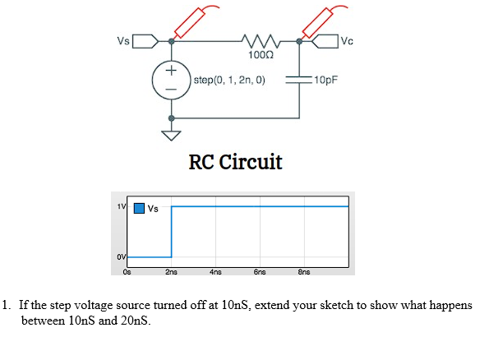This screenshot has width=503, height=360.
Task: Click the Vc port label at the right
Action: click(346, 40)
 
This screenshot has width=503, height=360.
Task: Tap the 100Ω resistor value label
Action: click(260, 55)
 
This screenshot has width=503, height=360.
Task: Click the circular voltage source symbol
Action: click(172, 81)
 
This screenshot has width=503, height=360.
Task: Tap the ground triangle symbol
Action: click(172, 135)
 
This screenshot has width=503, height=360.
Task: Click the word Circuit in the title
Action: click(252, 162)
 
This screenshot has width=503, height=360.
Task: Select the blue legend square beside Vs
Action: click(140, 208)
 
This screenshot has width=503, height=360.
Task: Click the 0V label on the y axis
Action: click(120, 257)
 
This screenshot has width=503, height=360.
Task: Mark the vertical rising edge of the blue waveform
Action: click(171, 232)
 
